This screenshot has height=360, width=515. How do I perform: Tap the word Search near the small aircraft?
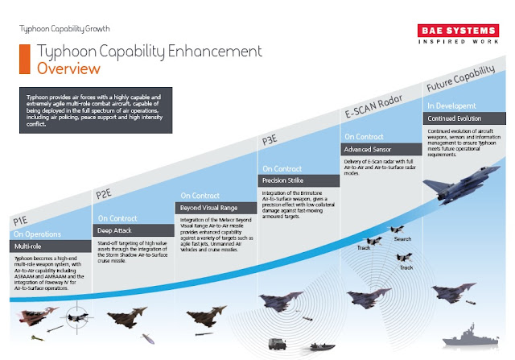pos(402,239)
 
